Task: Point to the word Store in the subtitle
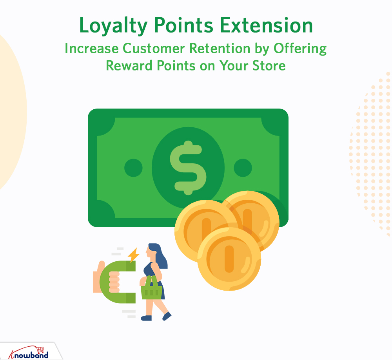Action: [268, 65]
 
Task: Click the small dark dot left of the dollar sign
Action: [133, 168]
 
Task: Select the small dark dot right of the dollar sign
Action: [243, 168]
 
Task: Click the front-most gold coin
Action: [229, 259]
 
